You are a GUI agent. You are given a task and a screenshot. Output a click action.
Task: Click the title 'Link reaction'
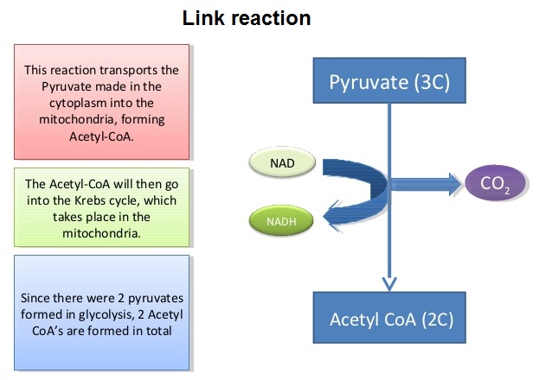(x=247, y=18)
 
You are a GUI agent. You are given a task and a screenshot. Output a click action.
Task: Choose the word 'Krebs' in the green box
(x=128, y=199)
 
